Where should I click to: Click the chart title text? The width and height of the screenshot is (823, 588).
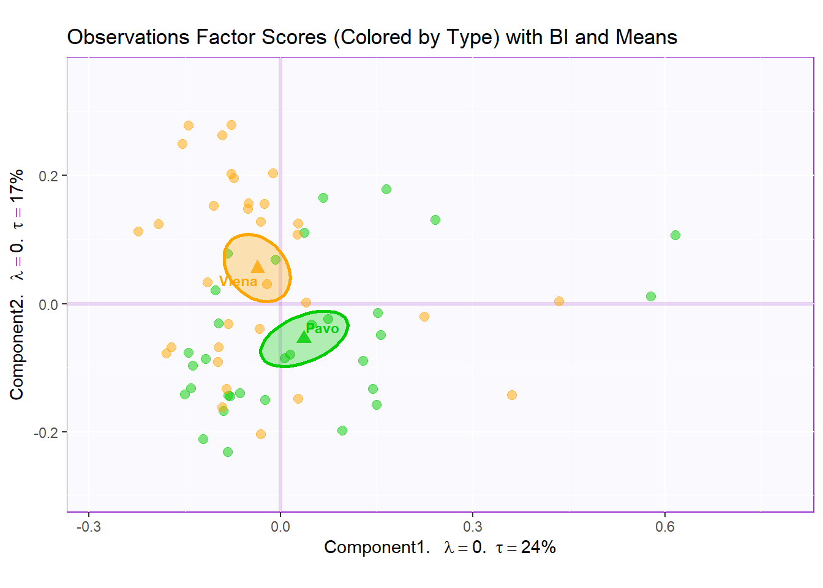tap(372, 37)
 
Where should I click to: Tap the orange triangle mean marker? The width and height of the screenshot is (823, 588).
tap(258, 266)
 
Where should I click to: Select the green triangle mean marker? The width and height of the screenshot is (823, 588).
tap(304, 337)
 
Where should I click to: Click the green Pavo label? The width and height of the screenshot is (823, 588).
tap(322, 328)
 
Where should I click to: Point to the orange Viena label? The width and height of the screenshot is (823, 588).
tap(238, 282)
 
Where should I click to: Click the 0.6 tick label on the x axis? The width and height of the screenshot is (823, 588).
tap(664, 527)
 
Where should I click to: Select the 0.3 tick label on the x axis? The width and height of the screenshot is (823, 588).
tap(472, 527)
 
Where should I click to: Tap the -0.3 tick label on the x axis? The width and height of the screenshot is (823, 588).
tap(88, 527)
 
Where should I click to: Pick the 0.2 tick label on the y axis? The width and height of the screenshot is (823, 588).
tap(48, 176)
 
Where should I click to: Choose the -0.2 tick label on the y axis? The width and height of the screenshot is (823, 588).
tap(47, 432)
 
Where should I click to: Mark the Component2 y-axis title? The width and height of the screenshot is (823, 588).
tap(17, 284)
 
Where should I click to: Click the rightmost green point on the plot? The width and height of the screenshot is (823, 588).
tap(675, 235)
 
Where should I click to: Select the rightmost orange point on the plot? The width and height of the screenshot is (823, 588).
tap(559, 301)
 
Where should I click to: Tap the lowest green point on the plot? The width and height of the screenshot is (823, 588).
tap(228, 452)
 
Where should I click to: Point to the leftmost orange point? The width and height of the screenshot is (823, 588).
tap(138, 232)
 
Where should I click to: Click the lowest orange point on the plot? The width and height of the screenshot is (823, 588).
tap(261, 434)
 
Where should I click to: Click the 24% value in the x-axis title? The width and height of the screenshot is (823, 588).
tap(538, 547)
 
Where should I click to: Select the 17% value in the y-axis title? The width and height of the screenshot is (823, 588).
tap(17, 182)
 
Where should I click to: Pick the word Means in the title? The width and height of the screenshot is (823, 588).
tap(647, 37)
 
